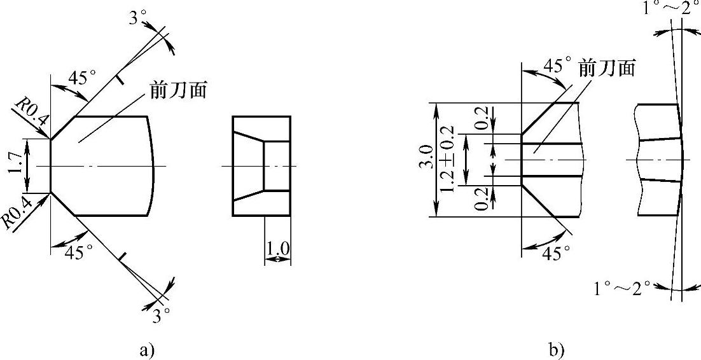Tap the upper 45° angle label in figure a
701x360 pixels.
82,78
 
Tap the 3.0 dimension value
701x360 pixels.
427,159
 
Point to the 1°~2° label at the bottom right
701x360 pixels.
622,288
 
